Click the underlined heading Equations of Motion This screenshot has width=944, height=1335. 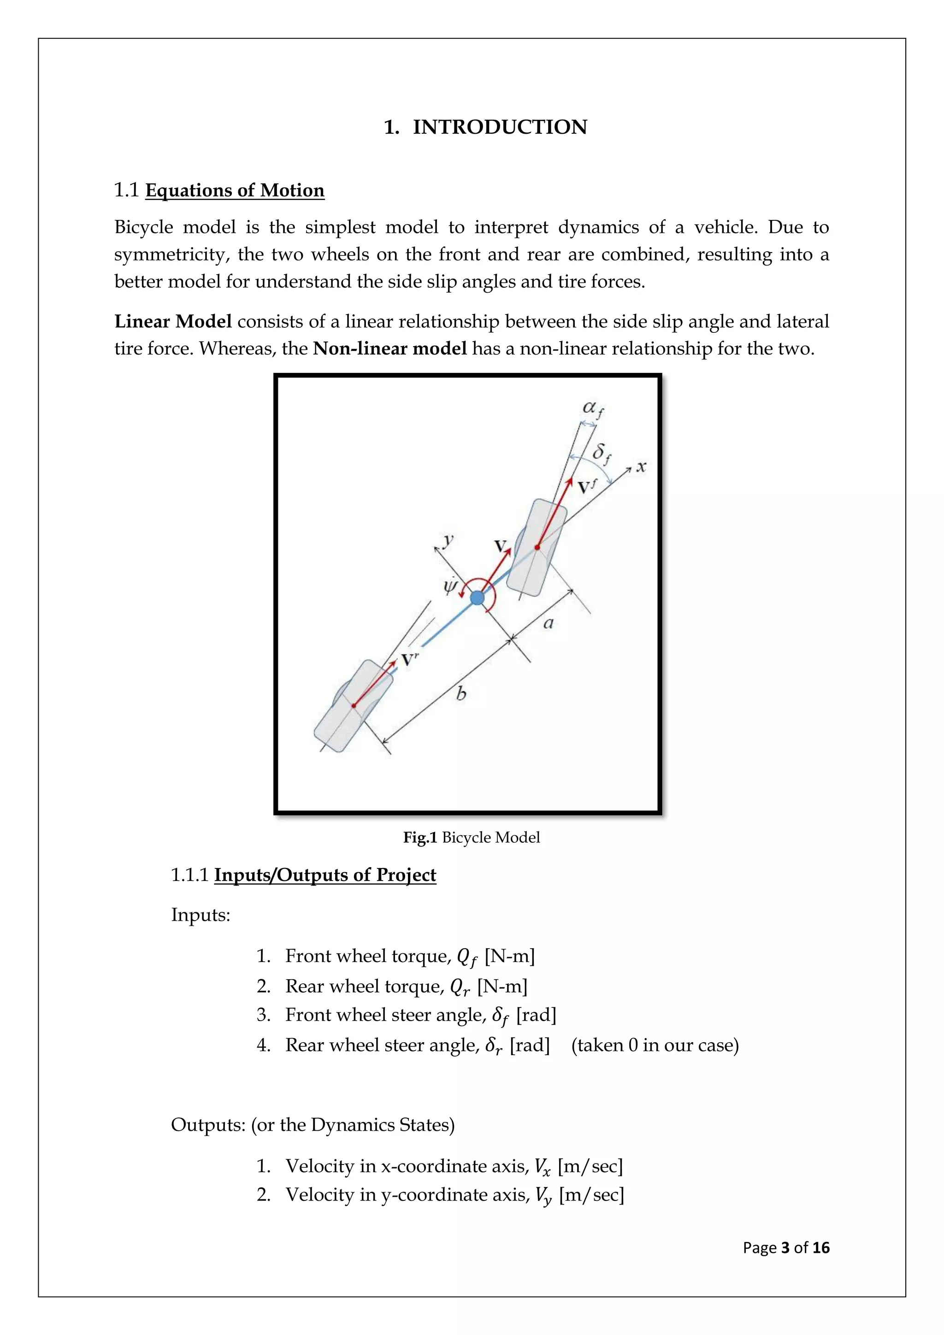[234, 191]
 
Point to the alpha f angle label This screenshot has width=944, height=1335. [593, 409]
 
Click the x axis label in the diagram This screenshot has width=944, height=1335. [641, 467]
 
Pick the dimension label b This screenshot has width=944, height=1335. [460, 694]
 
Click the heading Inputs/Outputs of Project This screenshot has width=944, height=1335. [325, 875]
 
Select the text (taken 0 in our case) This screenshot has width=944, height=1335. [655, 1046]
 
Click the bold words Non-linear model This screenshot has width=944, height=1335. [389, 349]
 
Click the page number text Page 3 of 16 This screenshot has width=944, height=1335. [786, 1248]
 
